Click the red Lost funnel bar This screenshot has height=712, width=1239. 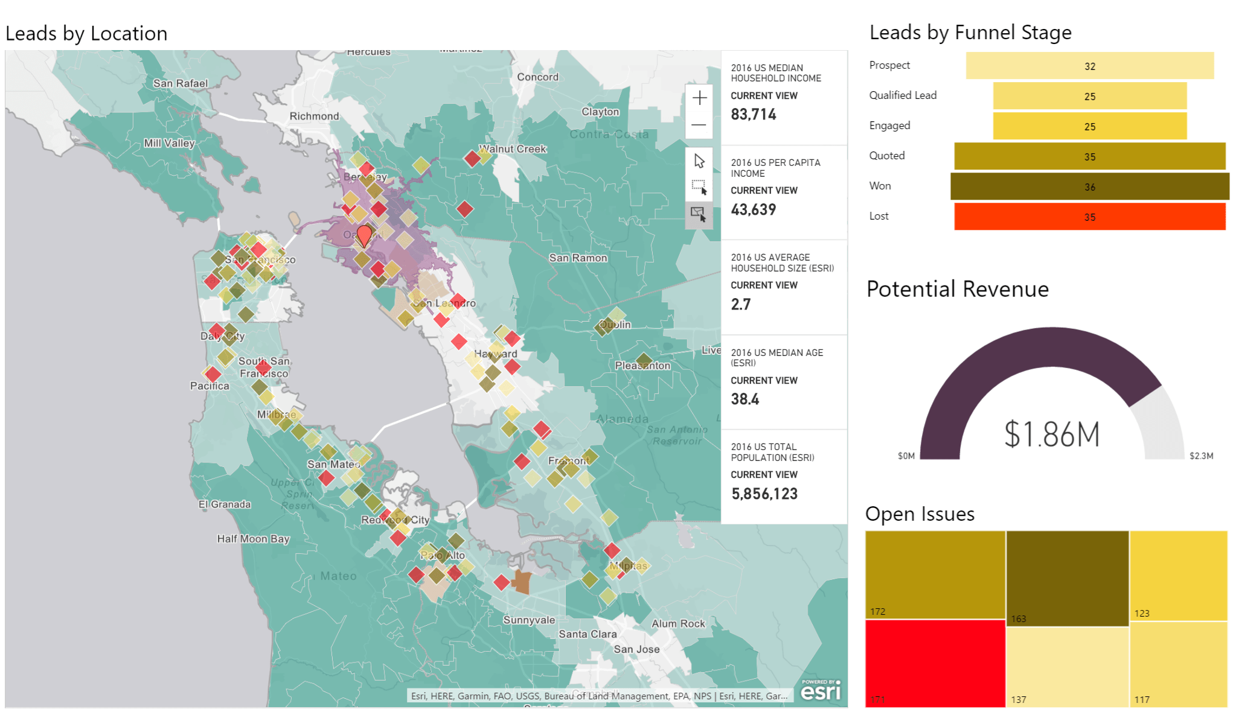1089,217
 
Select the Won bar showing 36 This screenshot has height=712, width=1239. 1089,186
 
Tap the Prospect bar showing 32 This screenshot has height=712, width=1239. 1089,66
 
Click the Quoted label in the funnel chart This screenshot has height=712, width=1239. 886,156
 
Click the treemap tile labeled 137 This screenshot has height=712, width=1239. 1067,666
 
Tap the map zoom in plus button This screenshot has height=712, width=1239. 699,98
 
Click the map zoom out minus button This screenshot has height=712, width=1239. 699,125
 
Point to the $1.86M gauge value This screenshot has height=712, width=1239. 1051,434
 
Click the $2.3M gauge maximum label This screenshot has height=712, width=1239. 1200,456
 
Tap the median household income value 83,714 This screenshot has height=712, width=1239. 753,115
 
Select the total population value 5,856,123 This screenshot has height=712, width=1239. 764,494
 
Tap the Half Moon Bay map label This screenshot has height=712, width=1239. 253,539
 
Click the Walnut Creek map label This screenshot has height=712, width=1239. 514,149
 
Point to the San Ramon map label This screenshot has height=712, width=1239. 578,258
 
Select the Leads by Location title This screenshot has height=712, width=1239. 86,34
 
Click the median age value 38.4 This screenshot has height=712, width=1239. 744,399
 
